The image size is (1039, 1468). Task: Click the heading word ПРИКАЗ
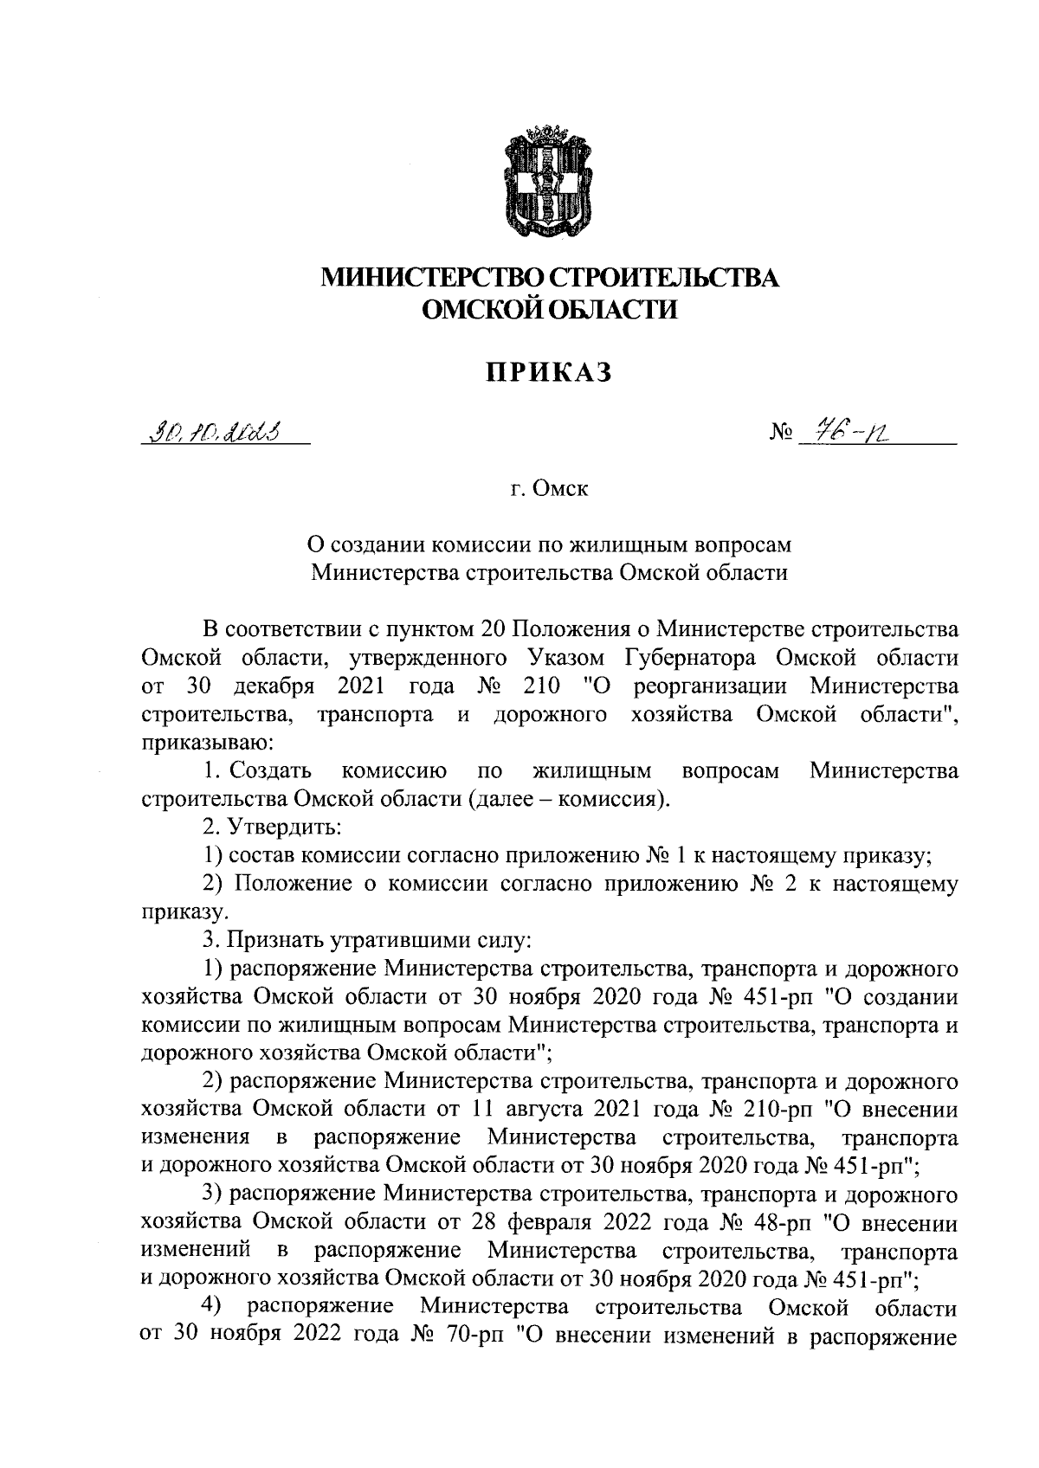tap(548, 372)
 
